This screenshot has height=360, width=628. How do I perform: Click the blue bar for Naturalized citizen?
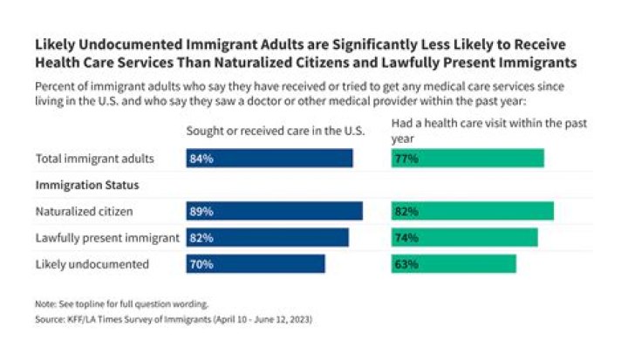(274, 211)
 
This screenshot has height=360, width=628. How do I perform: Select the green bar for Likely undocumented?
(454, 263)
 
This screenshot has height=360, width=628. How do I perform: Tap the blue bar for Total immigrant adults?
(269, 158)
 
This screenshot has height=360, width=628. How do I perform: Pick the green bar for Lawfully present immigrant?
(464, 237)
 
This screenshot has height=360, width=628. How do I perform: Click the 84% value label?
(201, 158)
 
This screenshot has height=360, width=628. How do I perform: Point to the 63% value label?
(406, 263)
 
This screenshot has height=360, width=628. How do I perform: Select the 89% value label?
(201, 211)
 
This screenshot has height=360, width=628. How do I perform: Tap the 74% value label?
(406, 237)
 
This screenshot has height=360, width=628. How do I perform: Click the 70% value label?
(201, 263)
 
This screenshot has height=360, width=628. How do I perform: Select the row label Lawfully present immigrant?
(107, 237)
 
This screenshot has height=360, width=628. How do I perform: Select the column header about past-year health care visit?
(488, 129)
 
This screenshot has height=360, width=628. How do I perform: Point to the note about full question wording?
(122, 304)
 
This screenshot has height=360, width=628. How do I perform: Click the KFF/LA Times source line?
(174, 319)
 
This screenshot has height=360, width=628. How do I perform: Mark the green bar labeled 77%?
(468, 158)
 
